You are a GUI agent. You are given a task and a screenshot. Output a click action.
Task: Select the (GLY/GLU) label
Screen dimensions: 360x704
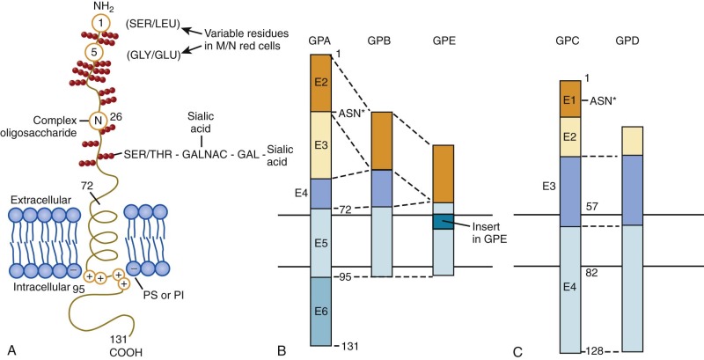click(x=153, y=53)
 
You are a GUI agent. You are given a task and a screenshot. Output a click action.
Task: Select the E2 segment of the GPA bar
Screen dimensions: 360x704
click(x=324, y=82)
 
